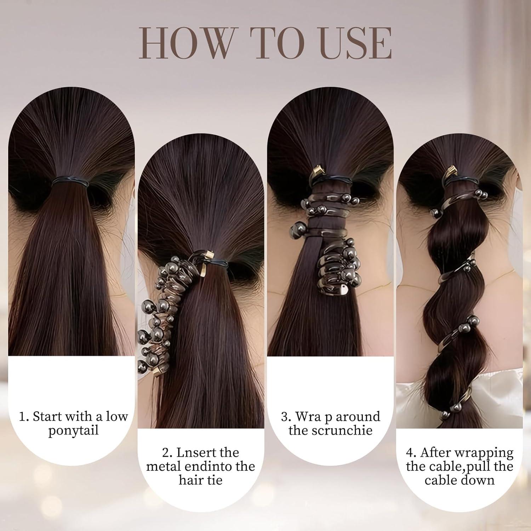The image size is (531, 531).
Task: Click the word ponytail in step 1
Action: (73, 430)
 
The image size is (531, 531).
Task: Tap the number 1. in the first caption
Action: (24, 417)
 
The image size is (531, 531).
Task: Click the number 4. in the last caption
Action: (411, 453)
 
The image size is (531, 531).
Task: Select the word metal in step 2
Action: (163, 466)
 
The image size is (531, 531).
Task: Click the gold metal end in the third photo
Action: (319, 173)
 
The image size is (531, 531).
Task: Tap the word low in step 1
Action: (116, 417)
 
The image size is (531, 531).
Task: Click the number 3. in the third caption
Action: (286, 417)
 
